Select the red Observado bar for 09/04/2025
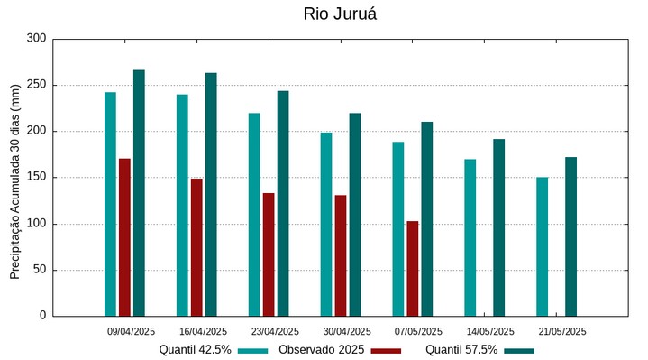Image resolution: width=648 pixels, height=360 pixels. pos(124,237)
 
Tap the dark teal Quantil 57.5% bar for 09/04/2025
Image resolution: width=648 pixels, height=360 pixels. pos(139,193)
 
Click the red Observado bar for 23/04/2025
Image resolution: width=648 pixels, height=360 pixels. pos(269,254)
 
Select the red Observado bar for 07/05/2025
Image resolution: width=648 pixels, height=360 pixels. pos(413,268)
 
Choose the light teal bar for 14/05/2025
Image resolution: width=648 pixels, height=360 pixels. pos(470,237)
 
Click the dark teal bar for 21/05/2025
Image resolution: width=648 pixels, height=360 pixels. pos(570,236)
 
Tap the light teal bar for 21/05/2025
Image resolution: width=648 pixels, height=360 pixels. pos(543,246)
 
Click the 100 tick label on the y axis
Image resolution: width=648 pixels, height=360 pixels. pos(36,224)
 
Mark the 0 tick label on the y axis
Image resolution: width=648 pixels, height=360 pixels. pos(41,316)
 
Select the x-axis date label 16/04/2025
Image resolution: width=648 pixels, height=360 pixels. pos(203,331)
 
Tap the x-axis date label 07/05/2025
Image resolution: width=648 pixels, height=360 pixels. pos(418,331)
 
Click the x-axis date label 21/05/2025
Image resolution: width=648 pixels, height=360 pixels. pos(562,331)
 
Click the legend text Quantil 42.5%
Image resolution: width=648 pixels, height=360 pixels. pos(196,349)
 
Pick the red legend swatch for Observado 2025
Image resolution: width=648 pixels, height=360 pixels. pos(387,350)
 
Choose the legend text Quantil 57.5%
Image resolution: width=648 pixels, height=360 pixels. pos(461,349)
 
